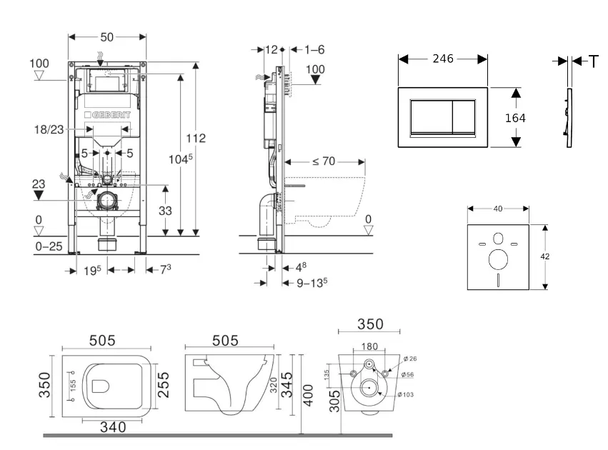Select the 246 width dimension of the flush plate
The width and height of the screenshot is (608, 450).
[443, 59]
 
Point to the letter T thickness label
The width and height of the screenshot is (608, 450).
[594, 62]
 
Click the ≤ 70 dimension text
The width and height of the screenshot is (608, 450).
[324, 161]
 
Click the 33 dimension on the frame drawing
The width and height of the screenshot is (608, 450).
[165, 211]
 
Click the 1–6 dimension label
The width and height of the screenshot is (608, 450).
[314, 49]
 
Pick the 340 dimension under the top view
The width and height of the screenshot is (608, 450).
[112, 426]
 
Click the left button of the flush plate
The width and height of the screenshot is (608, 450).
[427, 117]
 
